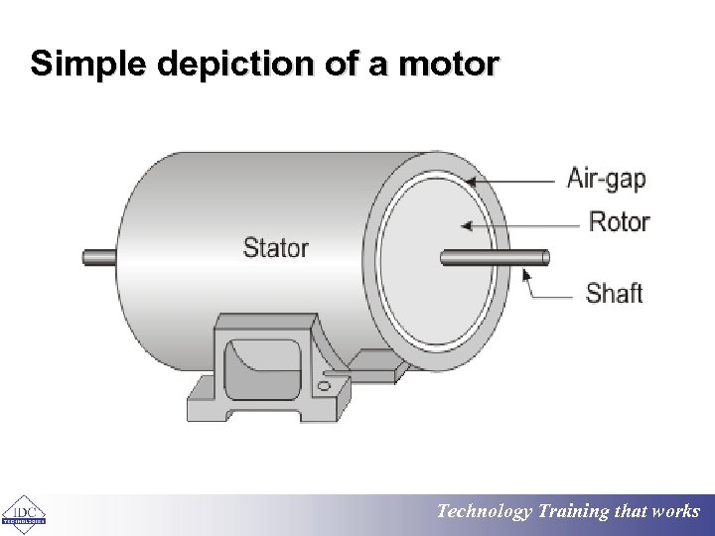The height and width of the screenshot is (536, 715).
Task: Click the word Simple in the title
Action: coord(82,65)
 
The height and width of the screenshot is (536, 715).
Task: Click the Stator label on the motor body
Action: coord(275,247)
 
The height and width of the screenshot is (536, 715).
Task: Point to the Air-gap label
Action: coord(606,179)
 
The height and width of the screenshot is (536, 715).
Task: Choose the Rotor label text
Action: coord(619,221)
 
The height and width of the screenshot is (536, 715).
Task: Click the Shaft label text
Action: coord(614,293)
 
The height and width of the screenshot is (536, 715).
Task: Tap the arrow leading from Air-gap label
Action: coord(511,182)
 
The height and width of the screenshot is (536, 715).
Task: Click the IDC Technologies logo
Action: coord(24,513)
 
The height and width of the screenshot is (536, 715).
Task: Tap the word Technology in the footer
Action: coord(485,512)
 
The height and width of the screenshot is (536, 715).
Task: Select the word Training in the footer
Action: coord(574,512)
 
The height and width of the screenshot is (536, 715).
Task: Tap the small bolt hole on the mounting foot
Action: coord(326,383)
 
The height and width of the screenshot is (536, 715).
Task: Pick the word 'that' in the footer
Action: coord(631,512)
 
